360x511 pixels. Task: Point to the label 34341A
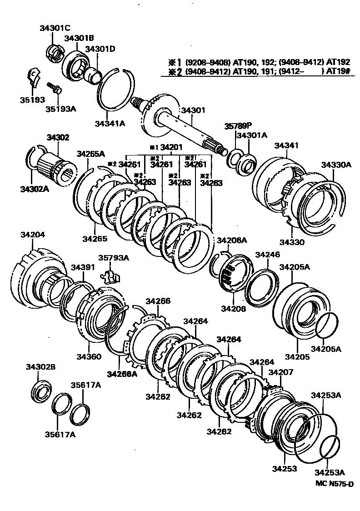click(x=110, y=123)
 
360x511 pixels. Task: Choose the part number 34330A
click(x=336, y=165)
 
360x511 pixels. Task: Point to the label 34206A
click(x=231, y=240)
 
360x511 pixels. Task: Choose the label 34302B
click(x=40, y=367)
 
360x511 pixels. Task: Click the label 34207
click(x=280, y=372)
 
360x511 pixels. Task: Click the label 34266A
click(x=122, y=374)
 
